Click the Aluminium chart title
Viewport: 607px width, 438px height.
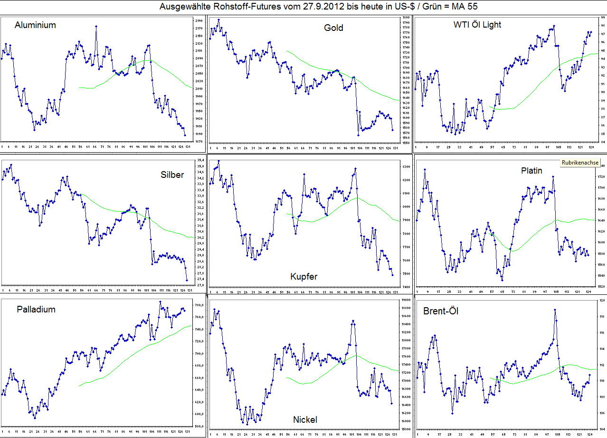(x=35, y=25)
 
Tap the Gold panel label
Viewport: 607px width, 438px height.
(x=333, y=28)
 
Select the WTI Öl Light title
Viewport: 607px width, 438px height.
(x=477, y=25)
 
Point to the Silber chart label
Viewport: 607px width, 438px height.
(x=172, y=175)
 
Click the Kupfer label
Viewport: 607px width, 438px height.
(x=304, y=277)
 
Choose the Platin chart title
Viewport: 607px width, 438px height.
(x=531, y=171)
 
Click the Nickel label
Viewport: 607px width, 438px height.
(x=305, y=419)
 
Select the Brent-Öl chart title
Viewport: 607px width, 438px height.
(x=441, y=311)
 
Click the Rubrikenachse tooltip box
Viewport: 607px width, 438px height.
(x=580, y=163)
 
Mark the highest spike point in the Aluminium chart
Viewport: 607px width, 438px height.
(x=96, y=27)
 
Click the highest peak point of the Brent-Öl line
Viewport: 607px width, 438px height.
(x=554, y=310)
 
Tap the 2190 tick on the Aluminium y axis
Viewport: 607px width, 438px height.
(x=199, y=21)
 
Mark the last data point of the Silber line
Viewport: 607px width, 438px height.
(x=187, y=280)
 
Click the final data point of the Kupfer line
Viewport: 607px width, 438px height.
(x=392, y=275)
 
